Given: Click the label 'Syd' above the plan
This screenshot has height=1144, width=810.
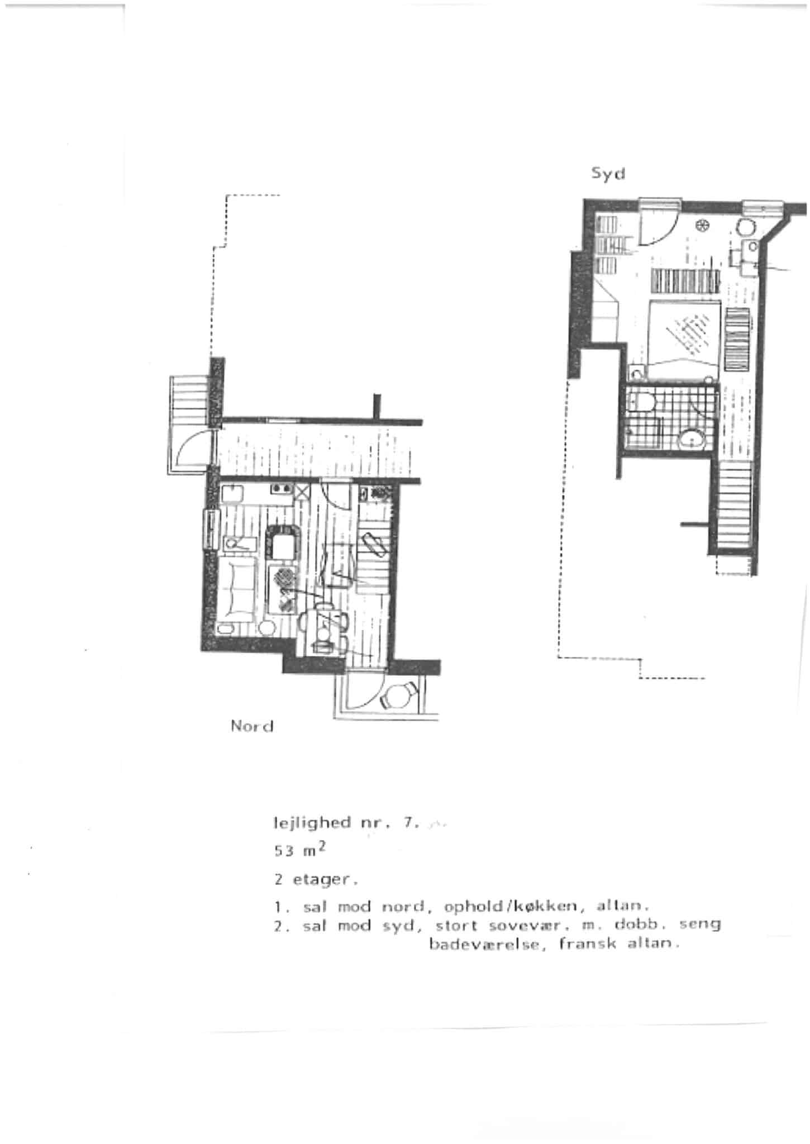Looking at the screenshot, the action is pyautogui.click(x=608, y=174).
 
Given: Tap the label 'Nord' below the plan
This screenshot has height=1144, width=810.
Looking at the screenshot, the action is pyautogui.click(x=252, y=726).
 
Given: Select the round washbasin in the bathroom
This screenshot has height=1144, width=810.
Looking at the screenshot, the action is pyautogui.click(x=692, y=439).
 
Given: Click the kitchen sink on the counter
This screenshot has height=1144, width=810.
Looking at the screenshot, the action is pyautogui.click(x=231, y=494).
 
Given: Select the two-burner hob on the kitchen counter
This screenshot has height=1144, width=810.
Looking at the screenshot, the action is pyautogui.click(x=282, y=489).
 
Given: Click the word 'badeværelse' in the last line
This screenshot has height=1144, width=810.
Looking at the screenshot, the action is pyautogui.click(x=486, y=944).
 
